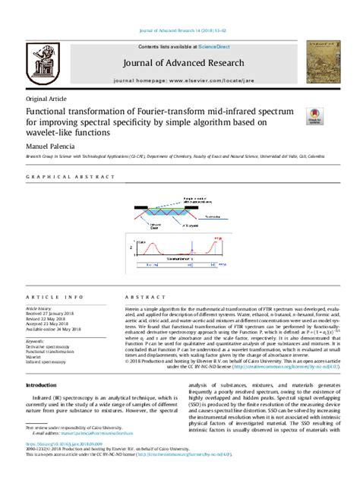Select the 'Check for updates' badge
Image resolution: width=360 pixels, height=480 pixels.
click(x=312, y=115)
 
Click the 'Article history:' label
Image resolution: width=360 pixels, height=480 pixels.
click(x=43, y=309)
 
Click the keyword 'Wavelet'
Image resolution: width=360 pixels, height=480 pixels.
click(x=36, y=357)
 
